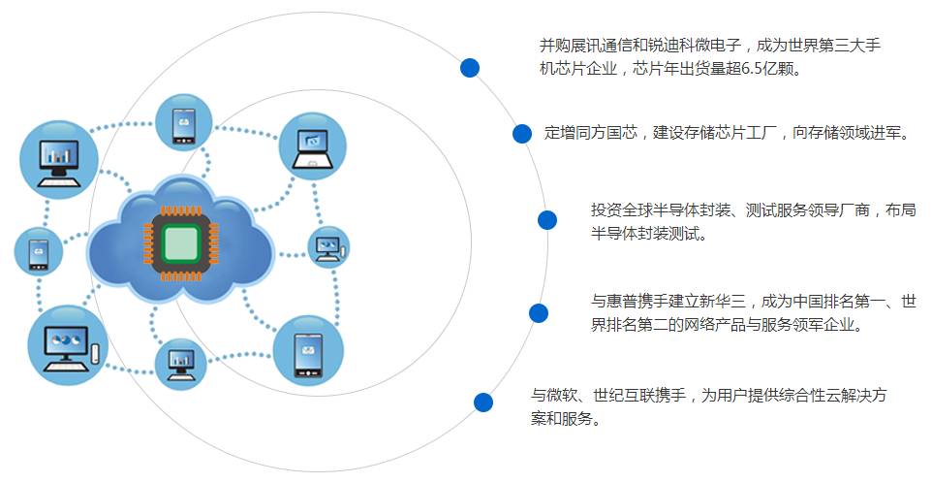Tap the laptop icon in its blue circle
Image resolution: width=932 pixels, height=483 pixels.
(x=312, y=147)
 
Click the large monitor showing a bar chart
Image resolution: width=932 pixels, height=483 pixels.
(x=59, y=159)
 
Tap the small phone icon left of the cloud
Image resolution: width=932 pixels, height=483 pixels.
(x=39, y=251)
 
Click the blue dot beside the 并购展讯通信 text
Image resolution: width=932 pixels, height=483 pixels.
(x=470, y=67)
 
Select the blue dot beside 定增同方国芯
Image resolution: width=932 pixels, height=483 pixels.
(x=522, y=134)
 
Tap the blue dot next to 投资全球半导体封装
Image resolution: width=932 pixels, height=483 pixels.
(x=547, y=220)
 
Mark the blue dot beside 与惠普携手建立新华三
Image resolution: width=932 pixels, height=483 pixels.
(x=539, y=312)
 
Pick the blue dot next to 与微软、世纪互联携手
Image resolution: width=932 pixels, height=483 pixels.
(x=483, y=402)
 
